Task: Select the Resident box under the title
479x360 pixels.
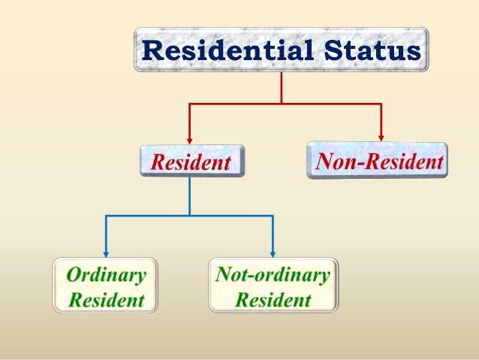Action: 192,161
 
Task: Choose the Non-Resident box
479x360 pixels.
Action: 377,160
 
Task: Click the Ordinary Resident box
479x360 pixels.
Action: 106,285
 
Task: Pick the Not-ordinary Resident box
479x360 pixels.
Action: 273,285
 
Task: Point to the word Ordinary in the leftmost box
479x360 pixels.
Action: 106,274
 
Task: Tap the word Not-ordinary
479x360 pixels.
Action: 273,274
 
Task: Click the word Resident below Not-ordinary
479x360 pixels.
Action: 273,300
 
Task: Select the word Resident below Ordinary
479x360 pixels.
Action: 106,301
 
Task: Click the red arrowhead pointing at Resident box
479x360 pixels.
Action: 189,138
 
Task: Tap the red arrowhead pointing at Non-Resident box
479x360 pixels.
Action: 381,136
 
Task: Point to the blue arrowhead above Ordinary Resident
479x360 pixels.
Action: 105,252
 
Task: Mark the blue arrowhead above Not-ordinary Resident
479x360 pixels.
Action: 273,252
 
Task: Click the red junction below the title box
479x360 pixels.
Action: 281,104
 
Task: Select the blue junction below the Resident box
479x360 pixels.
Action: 189,216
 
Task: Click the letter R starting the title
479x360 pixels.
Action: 152,50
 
